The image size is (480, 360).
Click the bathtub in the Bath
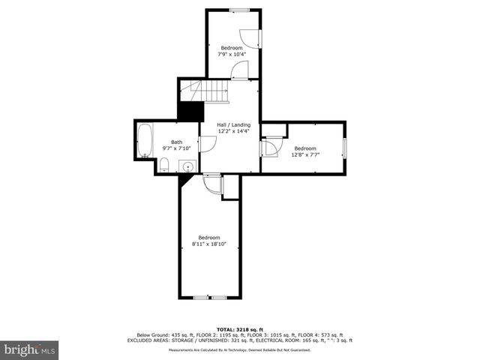click(145, 140)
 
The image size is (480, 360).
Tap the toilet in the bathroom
click(164, 165)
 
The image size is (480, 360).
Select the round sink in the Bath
click(188, 166)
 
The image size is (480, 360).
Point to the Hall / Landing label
click(233, 124)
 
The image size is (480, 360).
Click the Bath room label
click(176, 142)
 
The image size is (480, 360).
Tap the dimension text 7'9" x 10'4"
click(232, 54)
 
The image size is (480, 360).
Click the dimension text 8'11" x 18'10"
click(209, 244)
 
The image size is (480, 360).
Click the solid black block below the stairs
click(191, 110)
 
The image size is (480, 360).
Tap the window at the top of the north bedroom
click(239, 10)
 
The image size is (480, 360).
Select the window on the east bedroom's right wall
click(344, 148)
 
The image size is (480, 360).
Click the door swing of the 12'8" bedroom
click(271, 145)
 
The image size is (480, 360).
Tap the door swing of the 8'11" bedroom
click(213, 184)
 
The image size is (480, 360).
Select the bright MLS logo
click(29, 350)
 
